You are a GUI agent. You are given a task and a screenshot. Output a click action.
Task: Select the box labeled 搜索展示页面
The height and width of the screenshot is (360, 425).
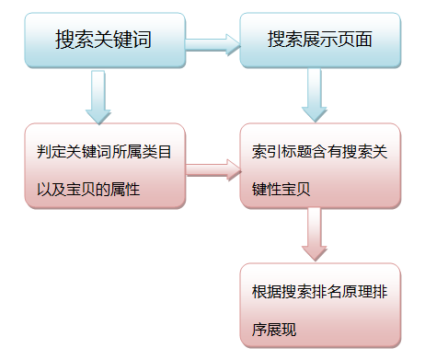pos(320,41)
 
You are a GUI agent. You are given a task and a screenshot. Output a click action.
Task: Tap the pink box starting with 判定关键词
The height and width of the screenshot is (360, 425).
pos(103,168)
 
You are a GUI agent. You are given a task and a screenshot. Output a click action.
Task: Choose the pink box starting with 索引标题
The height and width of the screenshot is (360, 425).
pos(320,166)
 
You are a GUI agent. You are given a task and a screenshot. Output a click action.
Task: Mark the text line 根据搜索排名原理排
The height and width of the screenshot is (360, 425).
pos(320,290)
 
